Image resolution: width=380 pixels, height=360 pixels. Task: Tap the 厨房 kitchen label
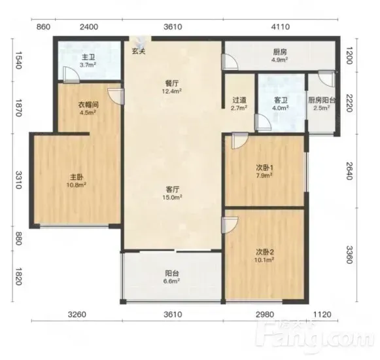[x=280, y=52]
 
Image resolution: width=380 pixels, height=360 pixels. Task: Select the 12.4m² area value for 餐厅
[x=172, y=91]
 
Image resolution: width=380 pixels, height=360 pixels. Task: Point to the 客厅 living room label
[x=173, y=189]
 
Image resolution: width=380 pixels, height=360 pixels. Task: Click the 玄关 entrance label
[x=139, y=51]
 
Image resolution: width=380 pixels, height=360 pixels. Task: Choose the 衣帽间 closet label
[x=88, y=105]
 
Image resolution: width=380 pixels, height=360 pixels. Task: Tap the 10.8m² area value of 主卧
[x=77, y=185]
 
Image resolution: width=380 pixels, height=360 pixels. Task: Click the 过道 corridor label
[x=239, y=99]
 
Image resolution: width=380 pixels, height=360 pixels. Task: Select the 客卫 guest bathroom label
[x=281, y=99]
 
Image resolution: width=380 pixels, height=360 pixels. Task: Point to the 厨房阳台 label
[x=322, y=100]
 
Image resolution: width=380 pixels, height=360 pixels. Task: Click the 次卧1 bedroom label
[x=265, y=168]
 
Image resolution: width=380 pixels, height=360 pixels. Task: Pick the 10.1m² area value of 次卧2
[x=264, y=260]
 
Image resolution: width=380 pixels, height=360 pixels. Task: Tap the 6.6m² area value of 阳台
[x=172, y=281]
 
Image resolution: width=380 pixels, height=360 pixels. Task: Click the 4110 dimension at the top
[x=281, y=27]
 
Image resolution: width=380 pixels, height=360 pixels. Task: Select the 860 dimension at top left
[x=44, y=27]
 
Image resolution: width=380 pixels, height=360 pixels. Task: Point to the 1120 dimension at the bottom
[x=322, y=315]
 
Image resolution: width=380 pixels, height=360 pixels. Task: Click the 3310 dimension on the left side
[x=19, y=180]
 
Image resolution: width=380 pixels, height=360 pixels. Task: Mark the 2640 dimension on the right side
[x=349, y=171]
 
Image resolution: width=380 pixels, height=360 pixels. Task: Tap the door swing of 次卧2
[x=230, y=225]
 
